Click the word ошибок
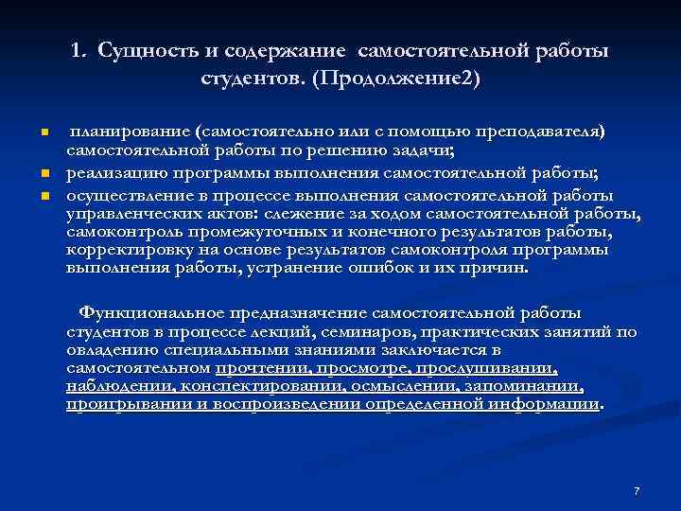click(379, 268)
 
